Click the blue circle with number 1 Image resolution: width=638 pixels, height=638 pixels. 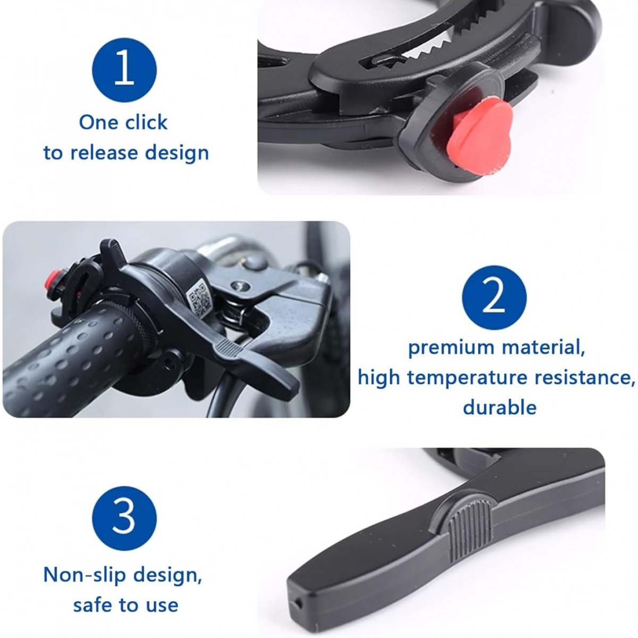pos(124,70)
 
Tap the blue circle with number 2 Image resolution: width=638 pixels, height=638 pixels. pos(494,298)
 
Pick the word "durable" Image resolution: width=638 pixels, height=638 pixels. pos(499,407)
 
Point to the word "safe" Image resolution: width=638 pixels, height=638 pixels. pos(93,604)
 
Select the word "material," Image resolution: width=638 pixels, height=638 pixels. pos(543,348)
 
